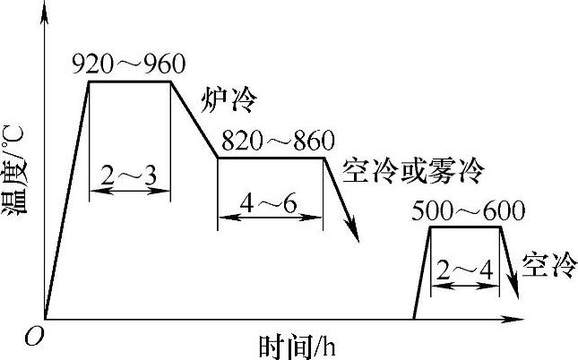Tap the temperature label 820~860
277,141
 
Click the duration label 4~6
270,202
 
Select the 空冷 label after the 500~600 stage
545,266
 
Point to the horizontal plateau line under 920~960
129,81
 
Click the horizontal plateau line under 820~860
270,159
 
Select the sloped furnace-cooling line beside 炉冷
194,120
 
